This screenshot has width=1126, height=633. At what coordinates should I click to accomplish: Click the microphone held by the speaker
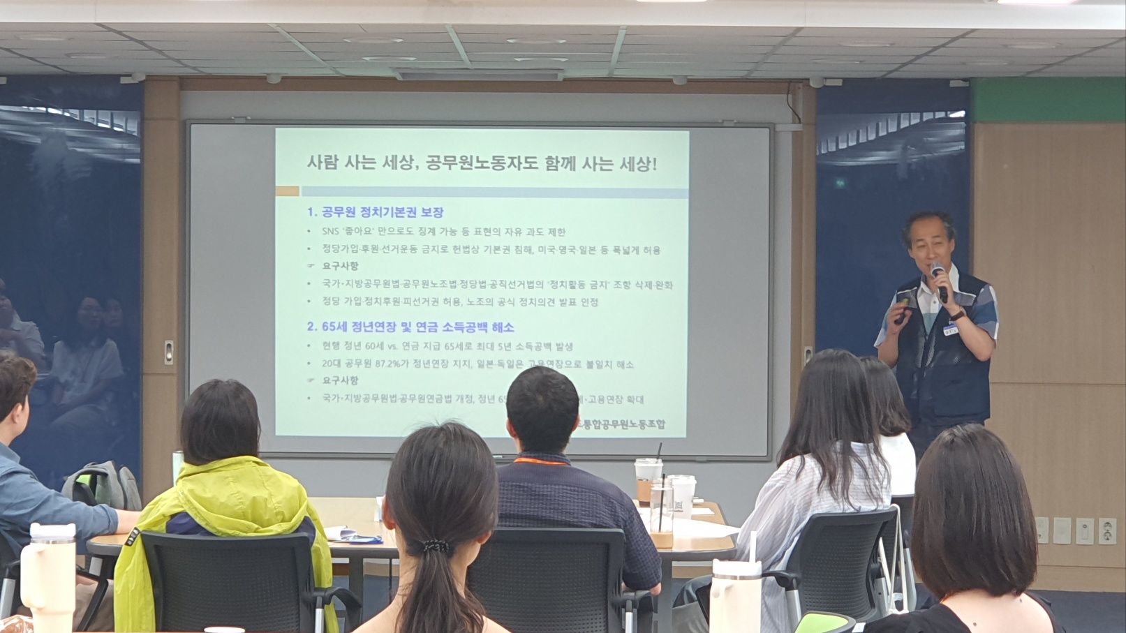[x=938, y=278]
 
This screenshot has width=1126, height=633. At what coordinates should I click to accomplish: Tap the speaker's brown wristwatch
[x=957, y=315]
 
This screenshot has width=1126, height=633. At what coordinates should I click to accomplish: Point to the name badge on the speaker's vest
[x=951, y=329]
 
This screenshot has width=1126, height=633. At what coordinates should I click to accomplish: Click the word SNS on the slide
[x=329, y=232]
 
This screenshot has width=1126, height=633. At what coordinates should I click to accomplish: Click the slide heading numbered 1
[x=375, y=212]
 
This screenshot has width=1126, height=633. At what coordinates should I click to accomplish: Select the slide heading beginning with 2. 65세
[x=410, y=327]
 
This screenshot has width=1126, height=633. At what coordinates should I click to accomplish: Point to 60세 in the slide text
[x=374, y=345]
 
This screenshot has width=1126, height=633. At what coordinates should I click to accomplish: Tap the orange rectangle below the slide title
[x=287, y=191]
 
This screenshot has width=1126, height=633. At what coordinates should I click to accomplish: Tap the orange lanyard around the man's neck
[x=541, y=460]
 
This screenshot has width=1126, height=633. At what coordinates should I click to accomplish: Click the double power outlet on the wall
[x=1106, y=531]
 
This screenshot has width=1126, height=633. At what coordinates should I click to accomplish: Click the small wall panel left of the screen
[x=168, y=352]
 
